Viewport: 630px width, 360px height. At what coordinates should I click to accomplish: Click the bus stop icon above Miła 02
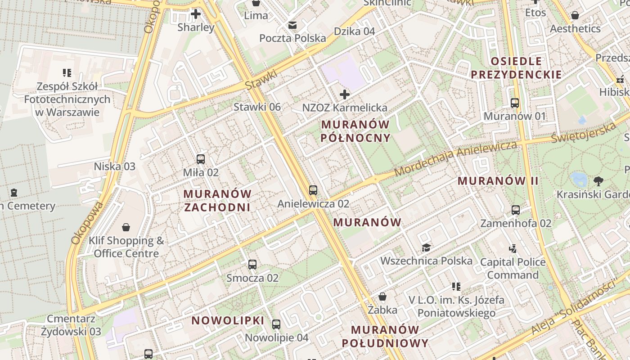(201, 159)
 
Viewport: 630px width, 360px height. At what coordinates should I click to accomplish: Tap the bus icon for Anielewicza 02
(313, 190)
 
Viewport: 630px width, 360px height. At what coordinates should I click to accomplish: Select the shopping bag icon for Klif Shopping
(126, 227)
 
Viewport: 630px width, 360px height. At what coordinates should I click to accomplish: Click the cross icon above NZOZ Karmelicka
(345, 94)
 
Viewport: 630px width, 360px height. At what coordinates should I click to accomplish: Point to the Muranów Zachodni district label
(217, 201)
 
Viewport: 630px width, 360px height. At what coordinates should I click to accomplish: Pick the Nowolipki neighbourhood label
(228, 320)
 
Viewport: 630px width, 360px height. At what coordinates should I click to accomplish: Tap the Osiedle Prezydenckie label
(516, 68)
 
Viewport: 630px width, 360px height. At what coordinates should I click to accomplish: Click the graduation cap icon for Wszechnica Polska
(426, 247)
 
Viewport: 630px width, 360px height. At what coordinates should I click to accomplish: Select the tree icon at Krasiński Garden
(598, 181)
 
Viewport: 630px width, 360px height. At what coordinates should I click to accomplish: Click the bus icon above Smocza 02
(252, 265)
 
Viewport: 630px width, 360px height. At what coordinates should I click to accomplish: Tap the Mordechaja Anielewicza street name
(455, 159)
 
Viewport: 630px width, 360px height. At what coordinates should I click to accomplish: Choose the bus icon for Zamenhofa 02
(516, 210)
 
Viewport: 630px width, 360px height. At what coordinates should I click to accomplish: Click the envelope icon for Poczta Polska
(292, 25)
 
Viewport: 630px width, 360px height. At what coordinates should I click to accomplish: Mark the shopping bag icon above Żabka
(382, 297)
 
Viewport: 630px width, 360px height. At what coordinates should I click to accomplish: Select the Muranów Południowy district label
(385, 337)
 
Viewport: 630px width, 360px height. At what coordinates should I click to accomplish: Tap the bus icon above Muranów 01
(515, 103)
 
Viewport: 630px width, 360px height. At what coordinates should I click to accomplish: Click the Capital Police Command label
(513, 268)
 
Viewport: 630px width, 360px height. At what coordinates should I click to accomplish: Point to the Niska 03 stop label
(114, 166)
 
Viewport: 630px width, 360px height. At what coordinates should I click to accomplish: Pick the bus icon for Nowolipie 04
(276, 324)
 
